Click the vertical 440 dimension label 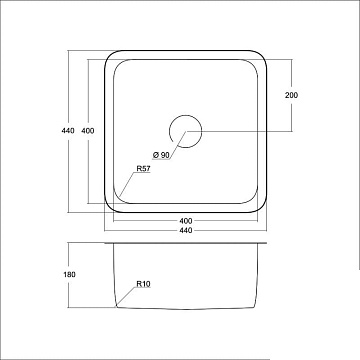[68, 131]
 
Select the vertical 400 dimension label [88, 131]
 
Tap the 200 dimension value [291, 95]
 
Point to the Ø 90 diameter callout [161, 155]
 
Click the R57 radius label [144, 169]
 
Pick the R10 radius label [144, 284]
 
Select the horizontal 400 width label [186, 221]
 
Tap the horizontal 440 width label [186, 230]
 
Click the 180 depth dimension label [69, 274]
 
